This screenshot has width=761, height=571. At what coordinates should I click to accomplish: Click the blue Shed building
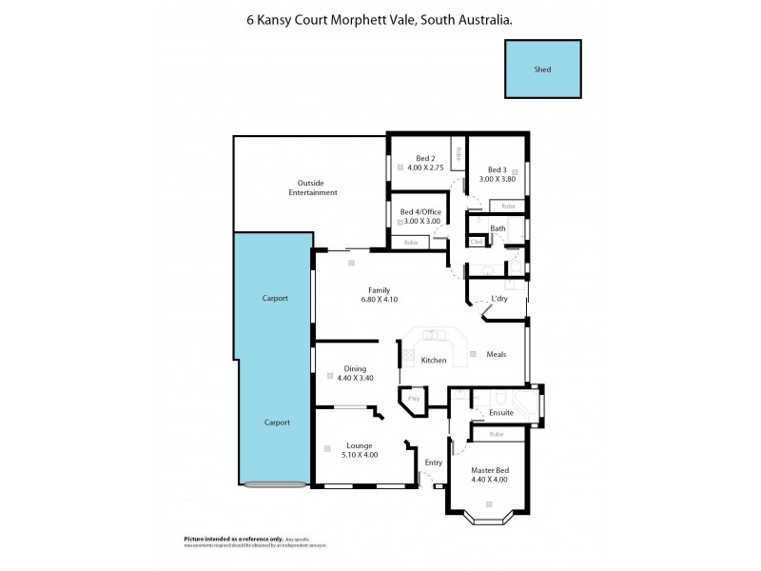pos(542,69)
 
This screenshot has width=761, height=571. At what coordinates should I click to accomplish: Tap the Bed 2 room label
pos(425,158)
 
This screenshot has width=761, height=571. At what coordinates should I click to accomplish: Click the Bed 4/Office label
pos(420,211)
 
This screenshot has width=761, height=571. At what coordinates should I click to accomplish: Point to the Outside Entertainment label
pos(313,187)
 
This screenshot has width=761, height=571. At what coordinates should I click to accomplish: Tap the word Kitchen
pos(434,360)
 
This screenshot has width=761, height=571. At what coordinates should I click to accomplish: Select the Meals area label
pos(496,354)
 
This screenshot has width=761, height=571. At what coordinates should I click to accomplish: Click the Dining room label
pos(355,368)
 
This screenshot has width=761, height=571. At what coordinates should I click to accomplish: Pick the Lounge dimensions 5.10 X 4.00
pos(360,455)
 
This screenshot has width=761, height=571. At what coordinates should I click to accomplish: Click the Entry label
pos(434,463)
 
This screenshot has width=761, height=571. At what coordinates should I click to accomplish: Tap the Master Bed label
pos(490,468)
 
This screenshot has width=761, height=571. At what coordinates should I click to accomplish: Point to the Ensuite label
pos(500,412)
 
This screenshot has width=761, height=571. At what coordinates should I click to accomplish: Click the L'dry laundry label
pos(498,299)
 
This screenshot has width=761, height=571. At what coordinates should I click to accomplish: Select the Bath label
pos(498,228)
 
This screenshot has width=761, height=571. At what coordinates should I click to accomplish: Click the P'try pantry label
pos(415,399)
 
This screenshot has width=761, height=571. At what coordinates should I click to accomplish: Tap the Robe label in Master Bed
pos(496,434)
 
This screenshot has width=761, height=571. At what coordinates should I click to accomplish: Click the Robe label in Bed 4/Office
pos(411,243)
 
